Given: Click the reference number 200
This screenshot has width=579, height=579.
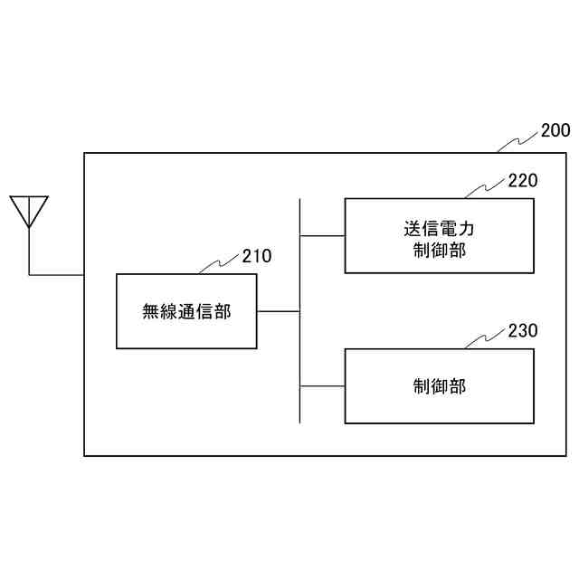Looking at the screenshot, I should (555, 130).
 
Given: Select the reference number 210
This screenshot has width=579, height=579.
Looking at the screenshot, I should (256, 256).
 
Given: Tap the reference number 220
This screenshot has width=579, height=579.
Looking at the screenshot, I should (522, 180).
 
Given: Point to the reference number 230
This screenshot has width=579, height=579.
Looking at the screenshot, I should (522, 331).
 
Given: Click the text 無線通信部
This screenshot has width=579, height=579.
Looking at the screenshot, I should (186, 312).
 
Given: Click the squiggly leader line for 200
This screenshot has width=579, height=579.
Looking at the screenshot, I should (518, 142).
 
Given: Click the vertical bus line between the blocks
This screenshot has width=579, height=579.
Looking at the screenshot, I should (299, 353).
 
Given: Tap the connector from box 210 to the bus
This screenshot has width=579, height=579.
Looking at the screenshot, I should (278, 311).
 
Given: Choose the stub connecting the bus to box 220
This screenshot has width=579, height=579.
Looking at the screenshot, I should (322, 236).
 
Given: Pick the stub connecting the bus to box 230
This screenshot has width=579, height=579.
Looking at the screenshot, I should (322, 386).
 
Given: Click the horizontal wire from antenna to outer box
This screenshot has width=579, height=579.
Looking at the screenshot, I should (56, 273).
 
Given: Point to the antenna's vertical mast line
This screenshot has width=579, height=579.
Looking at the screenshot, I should (29, 250).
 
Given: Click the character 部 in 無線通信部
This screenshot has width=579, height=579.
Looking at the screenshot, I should (223, 312).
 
